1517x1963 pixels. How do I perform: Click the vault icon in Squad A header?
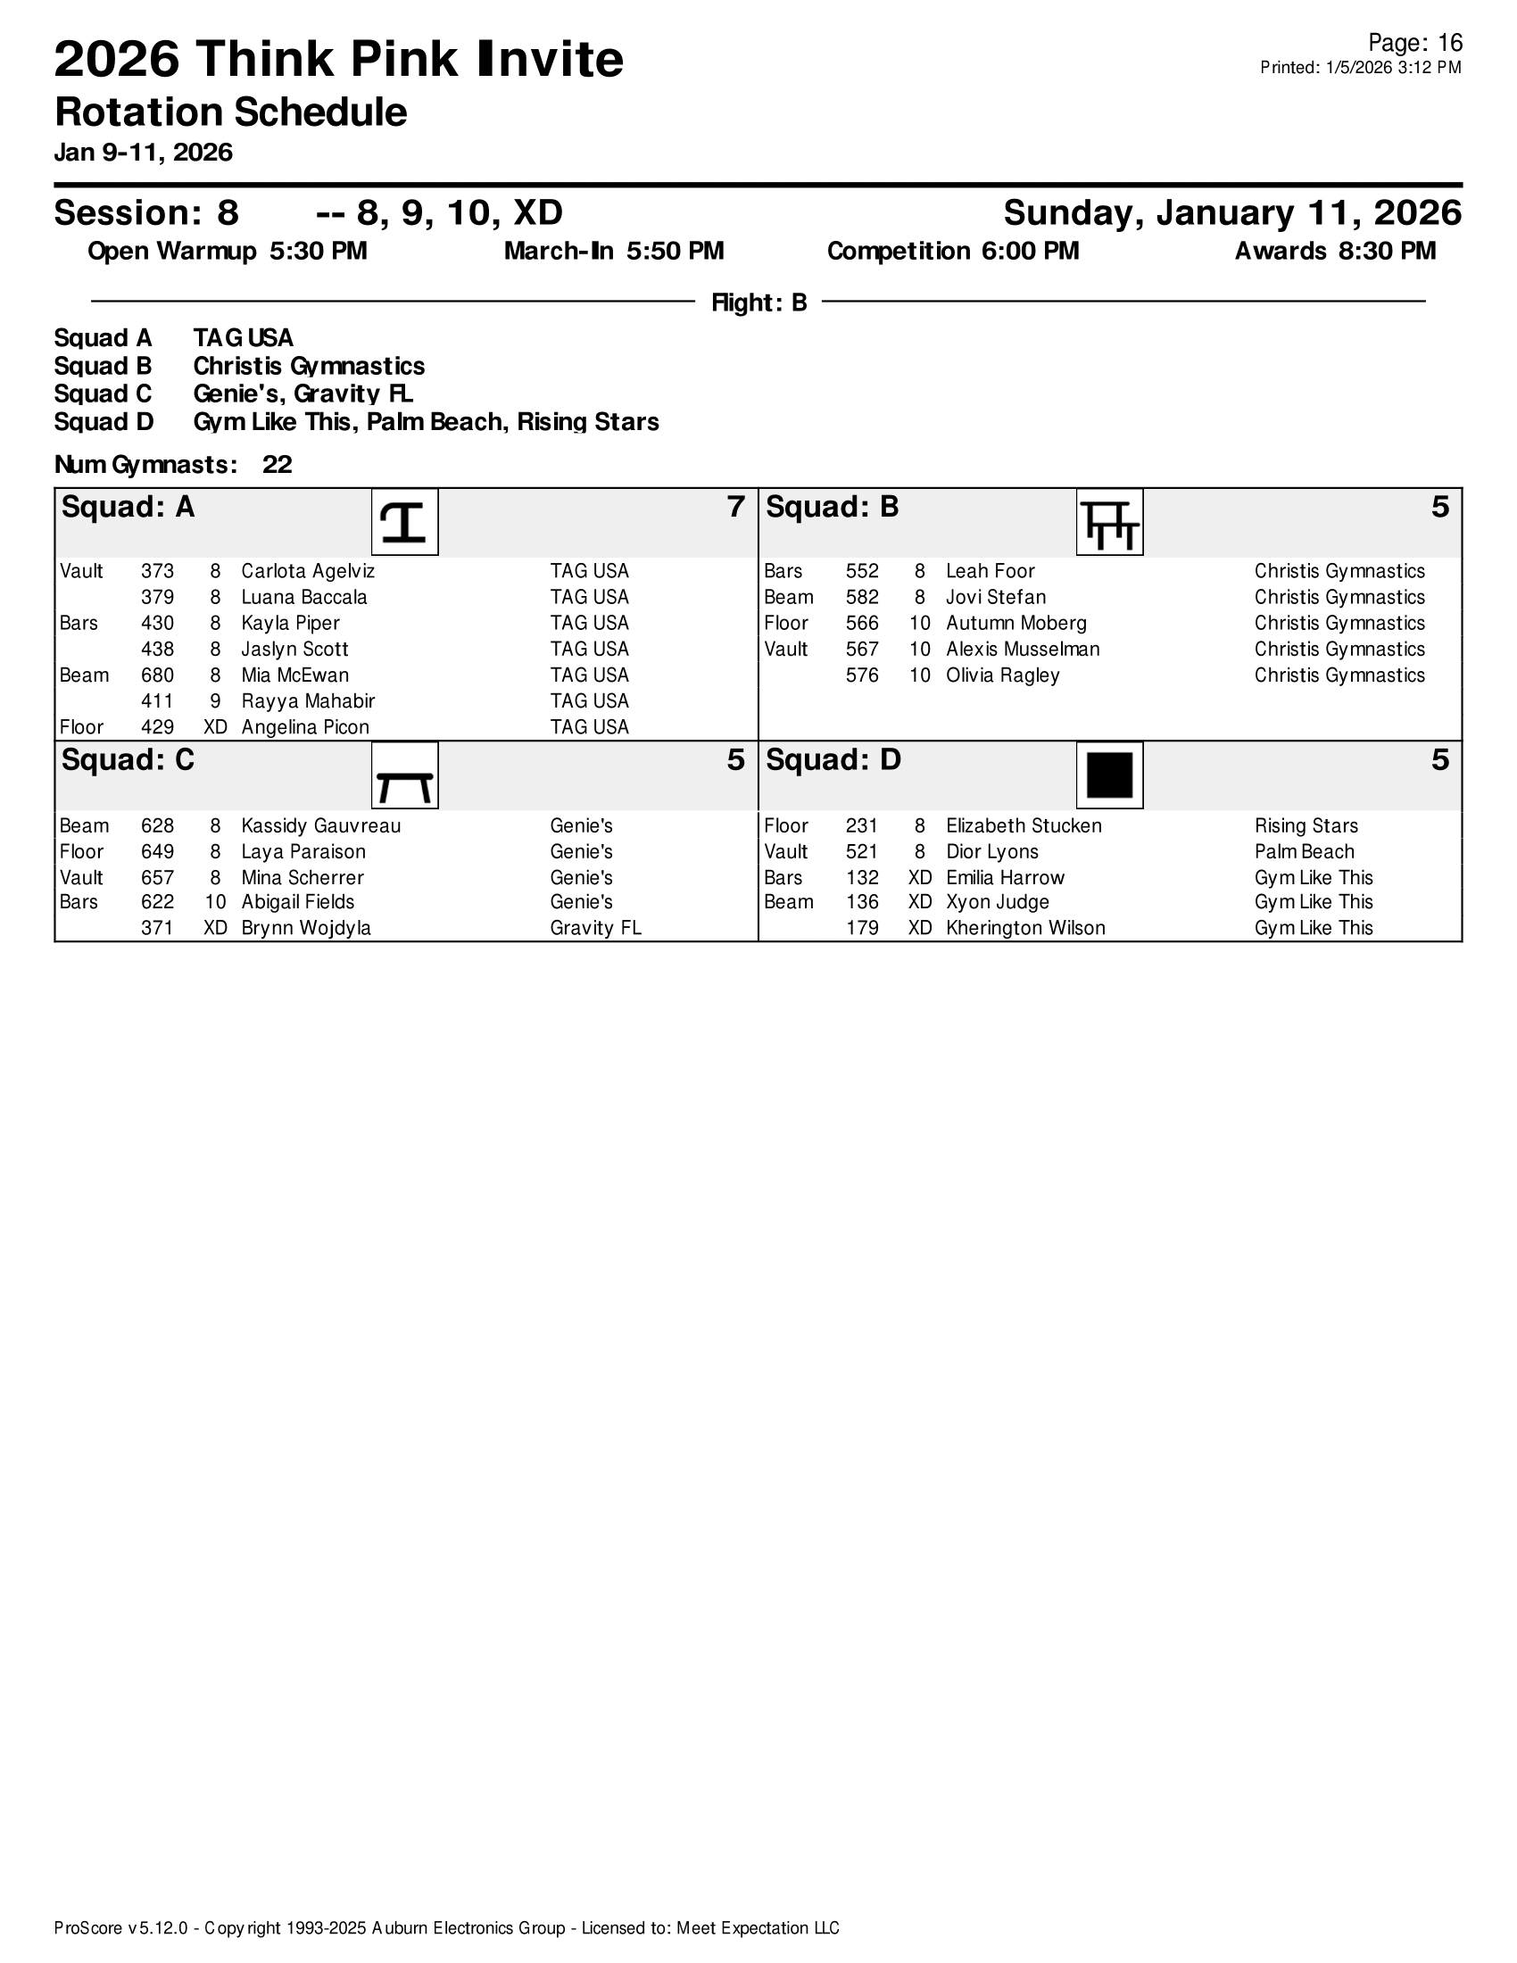(404, 522)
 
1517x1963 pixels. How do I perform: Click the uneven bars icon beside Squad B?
(1109, 522)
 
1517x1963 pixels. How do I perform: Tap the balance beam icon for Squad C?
(404, 775)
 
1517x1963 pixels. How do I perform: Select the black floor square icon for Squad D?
(1109, 775)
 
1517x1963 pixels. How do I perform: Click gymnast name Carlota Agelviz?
(307, 572)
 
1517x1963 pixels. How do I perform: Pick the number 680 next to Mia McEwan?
(157, 675)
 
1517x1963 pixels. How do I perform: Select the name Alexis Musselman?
(1023, 649)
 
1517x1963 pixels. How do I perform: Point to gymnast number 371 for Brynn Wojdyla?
(157, 929)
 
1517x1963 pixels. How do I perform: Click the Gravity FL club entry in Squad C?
(595, 929)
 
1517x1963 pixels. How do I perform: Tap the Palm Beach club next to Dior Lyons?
(1304, 852)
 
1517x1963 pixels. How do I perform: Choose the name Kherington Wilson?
(1025, 929)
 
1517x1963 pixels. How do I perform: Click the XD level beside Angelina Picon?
(215, 727)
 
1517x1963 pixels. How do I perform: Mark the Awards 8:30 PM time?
(1335, 252)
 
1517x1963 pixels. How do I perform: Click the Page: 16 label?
(1414, 43)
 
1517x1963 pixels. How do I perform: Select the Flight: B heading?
(758, 302)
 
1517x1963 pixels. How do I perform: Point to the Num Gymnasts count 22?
(277, 465)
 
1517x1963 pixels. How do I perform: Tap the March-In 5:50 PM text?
(614, 252)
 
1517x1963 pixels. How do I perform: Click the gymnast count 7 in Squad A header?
(735, 508)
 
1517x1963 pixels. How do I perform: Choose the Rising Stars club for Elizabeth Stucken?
(1306, 826)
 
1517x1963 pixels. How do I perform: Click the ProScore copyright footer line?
(447, 1927)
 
